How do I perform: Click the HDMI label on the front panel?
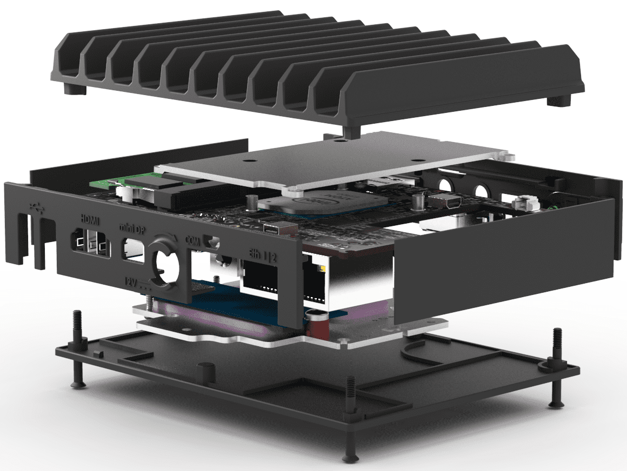coord(89,220)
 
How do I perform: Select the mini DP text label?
coord(132,230)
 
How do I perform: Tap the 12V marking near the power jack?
coord(134,281)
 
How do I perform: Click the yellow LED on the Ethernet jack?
coord(323,268)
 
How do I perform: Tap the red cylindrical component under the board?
coord(314,327)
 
